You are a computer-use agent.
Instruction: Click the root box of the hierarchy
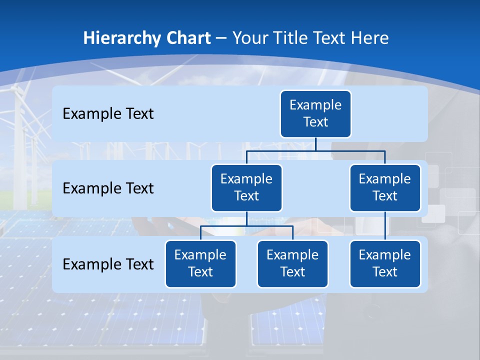(315, 113)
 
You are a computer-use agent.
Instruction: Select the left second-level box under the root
(246, 187)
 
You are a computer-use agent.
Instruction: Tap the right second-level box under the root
(385, 187)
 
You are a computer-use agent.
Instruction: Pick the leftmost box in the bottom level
(200, 263)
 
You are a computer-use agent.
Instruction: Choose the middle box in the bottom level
(292, 263)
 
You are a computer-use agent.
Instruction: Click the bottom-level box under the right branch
(385, 263)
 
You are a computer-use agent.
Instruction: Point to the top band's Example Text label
(108, 113)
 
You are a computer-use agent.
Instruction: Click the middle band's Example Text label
(108, 188)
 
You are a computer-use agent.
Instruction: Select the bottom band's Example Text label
(108, 264)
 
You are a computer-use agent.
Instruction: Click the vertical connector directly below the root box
(315, 144)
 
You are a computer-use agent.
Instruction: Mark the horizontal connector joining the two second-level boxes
(350, 150)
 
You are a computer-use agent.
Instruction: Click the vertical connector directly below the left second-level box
(246, 218)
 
